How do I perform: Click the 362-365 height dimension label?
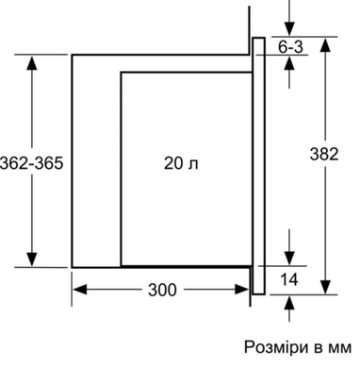point(32,163)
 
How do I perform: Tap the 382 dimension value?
point(324,154)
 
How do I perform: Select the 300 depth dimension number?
point(162,290)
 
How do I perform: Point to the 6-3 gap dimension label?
point(290,47)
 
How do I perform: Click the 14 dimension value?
point(289,279)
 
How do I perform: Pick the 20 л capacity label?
point(181,163)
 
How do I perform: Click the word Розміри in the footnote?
point(276,347)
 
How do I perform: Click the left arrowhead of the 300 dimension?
point(80,290)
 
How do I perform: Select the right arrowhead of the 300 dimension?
point(242,290)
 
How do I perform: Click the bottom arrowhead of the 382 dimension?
point(326,287)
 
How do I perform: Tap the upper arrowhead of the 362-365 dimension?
point(32,62)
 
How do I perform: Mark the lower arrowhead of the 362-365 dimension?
point(32,259)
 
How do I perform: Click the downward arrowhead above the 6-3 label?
point(289,28)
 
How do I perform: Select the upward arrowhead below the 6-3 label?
point(289,62)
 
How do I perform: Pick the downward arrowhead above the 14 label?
point(289,258)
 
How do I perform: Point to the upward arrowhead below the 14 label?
point(289,303)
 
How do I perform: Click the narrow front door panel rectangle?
point(254,166)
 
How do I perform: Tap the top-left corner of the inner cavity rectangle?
point(121,73)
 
